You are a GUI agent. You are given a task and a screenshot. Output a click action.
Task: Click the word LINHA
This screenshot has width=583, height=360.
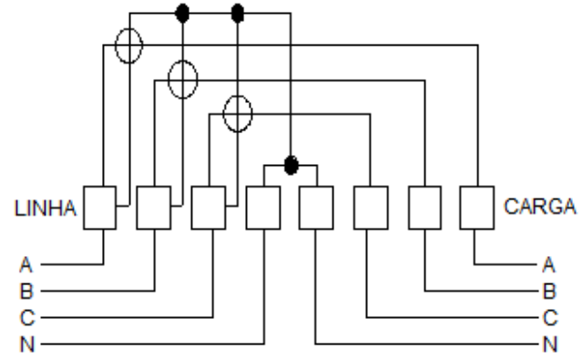46,209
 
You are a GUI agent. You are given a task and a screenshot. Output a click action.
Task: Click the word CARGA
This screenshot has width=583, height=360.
540,206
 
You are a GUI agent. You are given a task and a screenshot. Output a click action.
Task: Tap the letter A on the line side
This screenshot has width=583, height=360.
26,265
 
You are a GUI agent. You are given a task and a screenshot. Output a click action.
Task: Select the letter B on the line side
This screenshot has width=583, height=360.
26,292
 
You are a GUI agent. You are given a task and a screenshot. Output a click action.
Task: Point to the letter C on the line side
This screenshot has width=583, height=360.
27,318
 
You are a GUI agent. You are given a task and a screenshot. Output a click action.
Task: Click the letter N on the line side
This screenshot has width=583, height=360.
26,344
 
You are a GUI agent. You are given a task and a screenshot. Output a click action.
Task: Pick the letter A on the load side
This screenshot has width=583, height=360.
548,265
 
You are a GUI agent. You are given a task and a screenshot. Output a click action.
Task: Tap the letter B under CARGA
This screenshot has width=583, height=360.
549,292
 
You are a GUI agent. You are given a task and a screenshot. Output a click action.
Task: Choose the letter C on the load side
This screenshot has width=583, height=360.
550,318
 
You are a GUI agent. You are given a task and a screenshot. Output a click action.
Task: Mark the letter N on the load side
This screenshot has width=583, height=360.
550,344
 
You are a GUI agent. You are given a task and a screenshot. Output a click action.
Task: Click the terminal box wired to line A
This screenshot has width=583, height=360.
99,208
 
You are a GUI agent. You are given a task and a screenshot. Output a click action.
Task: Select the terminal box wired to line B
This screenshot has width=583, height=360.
154,208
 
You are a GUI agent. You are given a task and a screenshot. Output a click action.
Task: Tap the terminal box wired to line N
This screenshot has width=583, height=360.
263,208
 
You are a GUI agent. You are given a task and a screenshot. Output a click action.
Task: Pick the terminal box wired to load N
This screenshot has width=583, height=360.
316,208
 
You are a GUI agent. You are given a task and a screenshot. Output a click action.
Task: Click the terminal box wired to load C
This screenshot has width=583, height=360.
371,208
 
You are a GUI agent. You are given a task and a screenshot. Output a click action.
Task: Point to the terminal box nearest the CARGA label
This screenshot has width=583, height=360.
477,208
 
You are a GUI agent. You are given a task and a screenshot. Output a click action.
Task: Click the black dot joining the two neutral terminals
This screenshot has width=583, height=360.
291,165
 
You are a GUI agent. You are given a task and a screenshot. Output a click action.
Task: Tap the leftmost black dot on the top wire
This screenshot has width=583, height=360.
182,14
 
